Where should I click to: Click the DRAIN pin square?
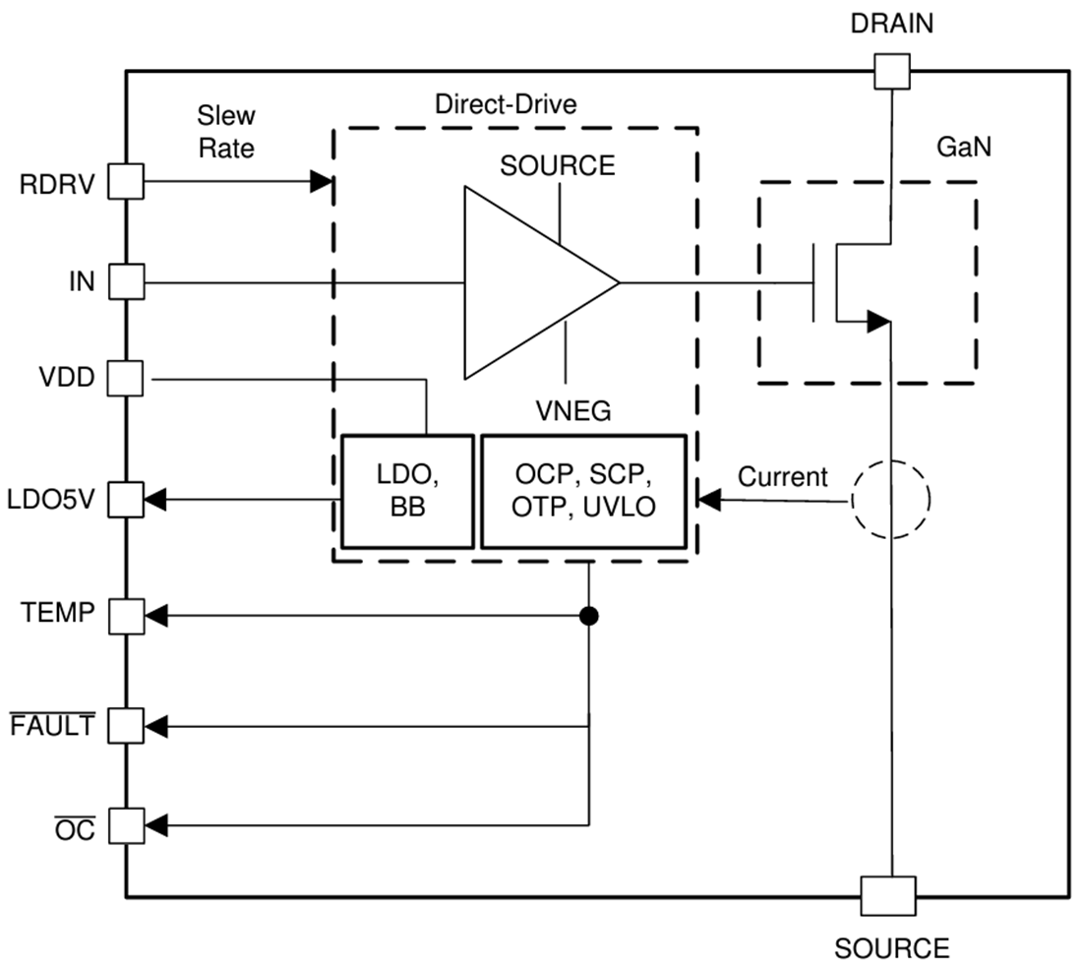[x=892, y=71]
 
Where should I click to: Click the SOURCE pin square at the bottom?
[x=888, y=896]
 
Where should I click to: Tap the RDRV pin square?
[x=126, y=181]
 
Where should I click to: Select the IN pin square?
[x=126, y=282]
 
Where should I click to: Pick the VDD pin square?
[x=126, y=378]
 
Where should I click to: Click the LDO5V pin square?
[x=126, y=500]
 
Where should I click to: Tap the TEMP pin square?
[x=126, y=616]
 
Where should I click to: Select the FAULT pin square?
[x=126, y=726]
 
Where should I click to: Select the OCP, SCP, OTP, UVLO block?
[x=581, y=491]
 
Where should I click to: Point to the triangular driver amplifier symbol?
[x=531, y=282]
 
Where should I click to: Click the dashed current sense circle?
[x=891, y=500]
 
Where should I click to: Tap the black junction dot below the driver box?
[x=589, y=616]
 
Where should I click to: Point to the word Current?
[x=783, y=478]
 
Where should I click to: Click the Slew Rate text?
[x=226, y=132]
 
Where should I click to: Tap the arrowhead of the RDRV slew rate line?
[x=322, y=181]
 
